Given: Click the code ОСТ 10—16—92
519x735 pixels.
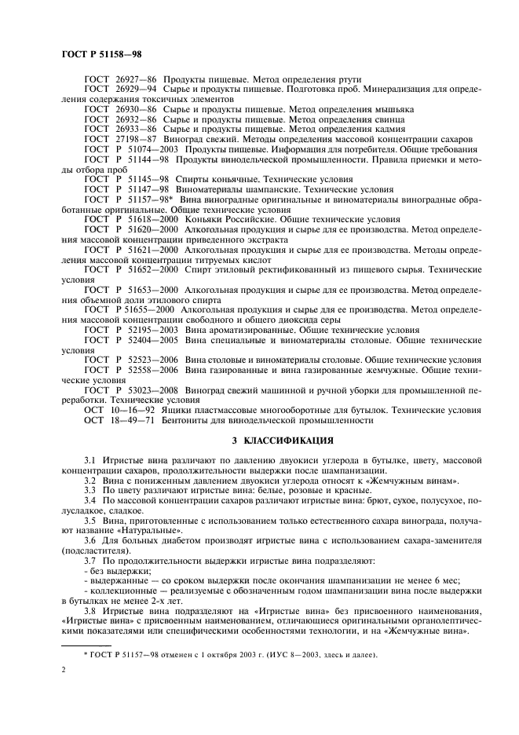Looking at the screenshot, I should [x=119, y=410].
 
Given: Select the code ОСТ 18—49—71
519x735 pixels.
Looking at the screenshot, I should [x=119, y=420].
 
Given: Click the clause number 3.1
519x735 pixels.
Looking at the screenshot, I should [x=90, y=458].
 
